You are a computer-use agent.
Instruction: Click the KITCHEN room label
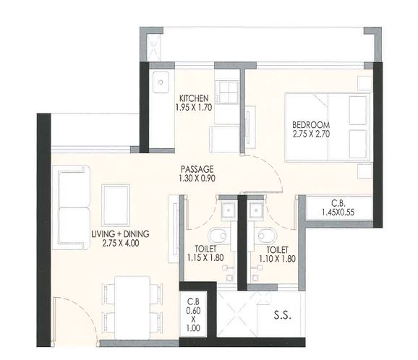click(194, 98)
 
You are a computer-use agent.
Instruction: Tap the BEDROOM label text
click(311, 125)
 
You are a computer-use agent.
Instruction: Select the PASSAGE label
click(197, 169)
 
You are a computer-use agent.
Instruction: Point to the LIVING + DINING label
click(120, 234)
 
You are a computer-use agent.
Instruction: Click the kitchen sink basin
click(161, 82)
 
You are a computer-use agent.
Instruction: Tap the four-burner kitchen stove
click(227, 92)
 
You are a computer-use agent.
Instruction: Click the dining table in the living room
click(132, 308)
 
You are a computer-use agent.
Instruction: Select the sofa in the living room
click(71, 208)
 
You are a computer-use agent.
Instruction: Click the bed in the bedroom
click(328, 127)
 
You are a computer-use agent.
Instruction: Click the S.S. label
click(282, 315)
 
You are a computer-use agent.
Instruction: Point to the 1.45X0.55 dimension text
click(338, 213)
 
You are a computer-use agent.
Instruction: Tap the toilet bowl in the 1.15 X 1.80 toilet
click(218, 236)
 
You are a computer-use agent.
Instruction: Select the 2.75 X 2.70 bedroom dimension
click(311, 134)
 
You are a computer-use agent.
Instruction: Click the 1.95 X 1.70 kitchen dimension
click(194, 107)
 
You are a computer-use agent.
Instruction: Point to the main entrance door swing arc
click(80, 311)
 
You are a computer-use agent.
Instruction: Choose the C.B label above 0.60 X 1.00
click(193, 301)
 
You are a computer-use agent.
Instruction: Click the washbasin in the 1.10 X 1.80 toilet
click(257, 210)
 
